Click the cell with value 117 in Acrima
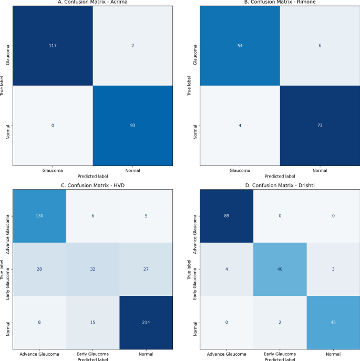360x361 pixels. [53, 46]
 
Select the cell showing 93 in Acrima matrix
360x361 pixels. [132, 126]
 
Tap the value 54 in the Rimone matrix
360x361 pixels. [240, 46]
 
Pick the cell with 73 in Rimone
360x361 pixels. [320, 126]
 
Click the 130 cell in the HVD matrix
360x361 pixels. [39, 216]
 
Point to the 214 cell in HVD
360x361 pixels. [146, 322]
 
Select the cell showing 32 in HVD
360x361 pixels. [92, 269]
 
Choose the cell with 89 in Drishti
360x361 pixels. [227, 216]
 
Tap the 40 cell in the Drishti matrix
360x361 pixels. [280, 269]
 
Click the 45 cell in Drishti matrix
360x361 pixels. [333, 322]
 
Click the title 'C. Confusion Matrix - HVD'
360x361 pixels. [92, 185]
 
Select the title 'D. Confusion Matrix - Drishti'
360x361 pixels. [280, 185]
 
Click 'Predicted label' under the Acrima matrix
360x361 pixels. [92, 177]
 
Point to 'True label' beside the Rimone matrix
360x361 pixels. [189, 86]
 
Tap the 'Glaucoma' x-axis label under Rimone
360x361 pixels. [240, 171]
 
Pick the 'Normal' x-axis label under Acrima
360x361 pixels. [132, 171]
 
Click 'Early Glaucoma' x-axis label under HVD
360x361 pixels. [92, 354]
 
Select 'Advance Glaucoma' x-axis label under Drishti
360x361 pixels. [227, 354]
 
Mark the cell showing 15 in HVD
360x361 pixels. [92, 322]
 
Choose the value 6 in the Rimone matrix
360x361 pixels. [320, 46]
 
